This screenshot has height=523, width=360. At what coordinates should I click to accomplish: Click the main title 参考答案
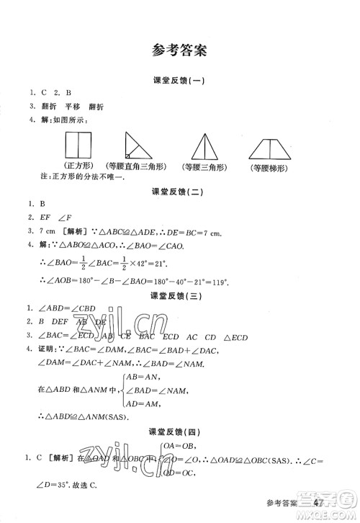click(x=180, y=50)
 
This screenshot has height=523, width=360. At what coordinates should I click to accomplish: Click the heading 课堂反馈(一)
click(x=180, y=81)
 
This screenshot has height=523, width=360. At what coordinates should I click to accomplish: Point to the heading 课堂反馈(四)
click(x=180, y=432)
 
